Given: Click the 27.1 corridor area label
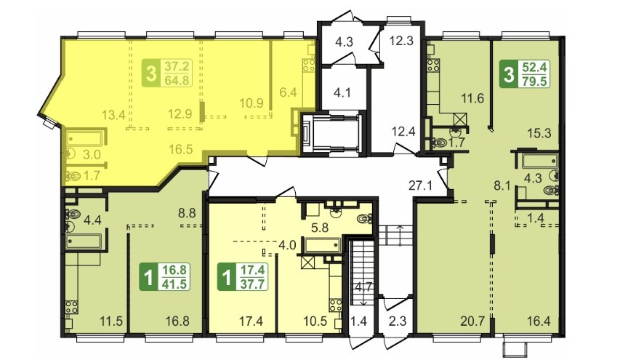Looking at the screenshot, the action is point(420,186).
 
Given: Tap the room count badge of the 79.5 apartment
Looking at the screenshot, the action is point(509,74).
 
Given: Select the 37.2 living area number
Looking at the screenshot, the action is point(177,66).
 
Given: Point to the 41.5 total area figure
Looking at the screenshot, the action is point(175,284).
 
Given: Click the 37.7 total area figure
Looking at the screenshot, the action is point(253,284).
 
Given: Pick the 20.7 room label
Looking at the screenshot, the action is point(472,321).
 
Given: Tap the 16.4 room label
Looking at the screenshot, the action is point(539,321).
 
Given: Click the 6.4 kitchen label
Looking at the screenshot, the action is point(288,92).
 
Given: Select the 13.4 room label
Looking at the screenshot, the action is point(113,115).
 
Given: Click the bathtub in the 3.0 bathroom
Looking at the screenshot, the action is point(84,138).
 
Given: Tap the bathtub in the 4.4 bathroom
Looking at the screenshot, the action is point(84,241).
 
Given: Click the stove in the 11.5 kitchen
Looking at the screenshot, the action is point(72,307).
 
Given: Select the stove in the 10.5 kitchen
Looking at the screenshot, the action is point(335,305).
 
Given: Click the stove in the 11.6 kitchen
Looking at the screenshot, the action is point(433,65).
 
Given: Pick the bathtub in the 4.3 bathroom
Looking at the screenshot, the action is point(540,161).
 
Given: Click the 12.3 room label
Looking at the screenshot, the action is point(401,41).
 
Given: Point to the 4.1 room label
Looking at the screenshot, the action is point(342,93).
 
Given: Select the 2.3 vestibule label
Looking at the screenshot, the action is point(398,321).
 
